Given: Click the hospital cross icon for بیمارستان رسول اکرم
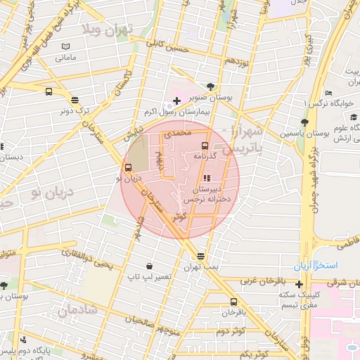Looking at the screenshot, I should point(176,102).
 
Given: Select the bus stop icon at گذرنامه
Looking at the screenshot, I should point(205,146).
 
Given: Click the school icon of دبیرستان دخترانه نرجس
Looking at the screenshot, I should point(207,178).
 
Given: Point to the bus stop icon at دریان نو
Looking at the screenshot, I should point(128,167).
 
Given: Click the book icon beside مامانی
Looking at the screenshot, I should point(65,46).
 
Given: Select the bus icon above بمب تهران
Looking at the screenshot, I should point(202,256).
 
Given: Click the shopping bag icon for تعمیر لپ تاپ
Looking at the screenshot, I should point(149,266).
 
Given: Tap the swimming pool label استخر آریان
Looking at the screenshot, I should point(316,267).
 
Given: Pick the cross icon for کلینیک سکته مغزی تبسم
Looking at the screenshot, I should point(300,285).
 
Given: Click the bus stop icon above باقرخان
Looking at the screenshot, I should point(233,301).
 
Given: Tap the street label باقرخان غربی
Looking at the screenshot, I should point(264,281).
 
